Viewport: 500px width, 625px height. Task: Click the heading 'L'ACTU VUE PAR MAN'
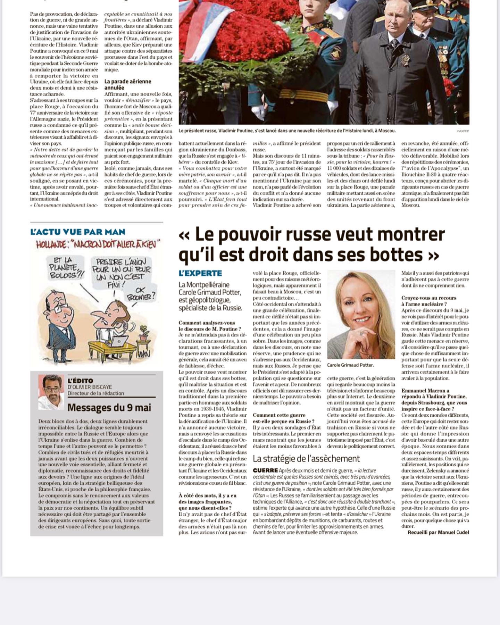pos(77,232)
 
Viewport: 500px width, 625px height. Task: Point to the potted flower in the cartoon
pos(142,335)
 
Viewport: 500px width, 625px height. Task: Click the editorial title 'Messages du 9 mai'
pos(109,407)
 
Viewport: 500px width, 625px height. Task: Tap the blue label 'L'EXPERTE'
pos(200,273)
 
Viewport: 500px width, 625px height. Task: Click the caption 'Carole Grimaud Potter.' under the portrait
pos(350,365)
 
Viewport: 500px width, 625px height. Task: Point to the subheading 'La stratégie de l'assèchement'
pos(306,459)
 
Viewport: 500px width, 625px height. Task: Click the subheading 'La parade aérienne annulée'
pos(128,84)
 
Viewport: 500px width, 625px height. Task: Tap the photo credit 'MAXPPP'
pos(463,131)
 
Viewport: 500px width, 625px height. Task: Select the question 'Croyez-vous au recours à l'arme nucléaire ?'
pos(429,301)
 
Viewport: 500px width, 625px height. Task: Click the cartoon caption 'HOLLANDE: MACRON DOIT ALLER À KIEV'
pos(99,245)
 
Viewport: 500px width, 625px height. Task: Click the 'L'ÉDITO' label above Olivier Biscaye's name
pos(80,381)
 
